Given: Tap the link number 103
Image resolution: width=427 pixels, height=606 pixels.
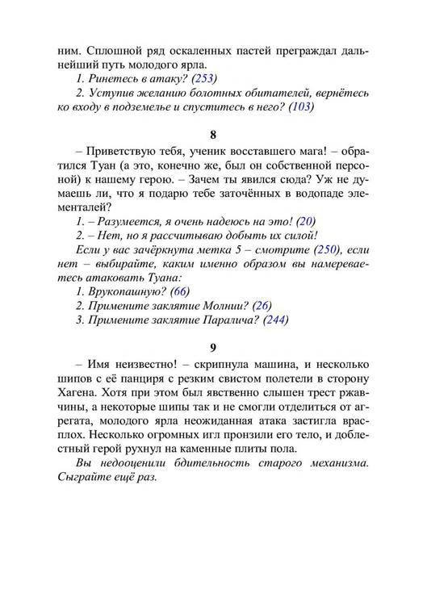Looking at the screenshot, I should click(299, 106).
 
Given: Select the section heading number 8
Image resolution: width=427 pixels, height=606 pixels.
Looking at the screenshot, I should click(213, 135).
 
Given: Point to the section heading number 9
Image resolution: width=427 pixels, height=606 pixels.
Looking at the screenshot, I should click(213, 349).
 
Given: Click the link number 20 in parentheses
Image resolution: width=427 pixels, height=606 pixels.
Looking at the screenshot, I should click(306, 220).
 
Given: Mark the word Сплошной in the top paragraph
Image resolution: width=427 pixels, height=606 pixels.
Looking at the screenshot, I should click(104, 49).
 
